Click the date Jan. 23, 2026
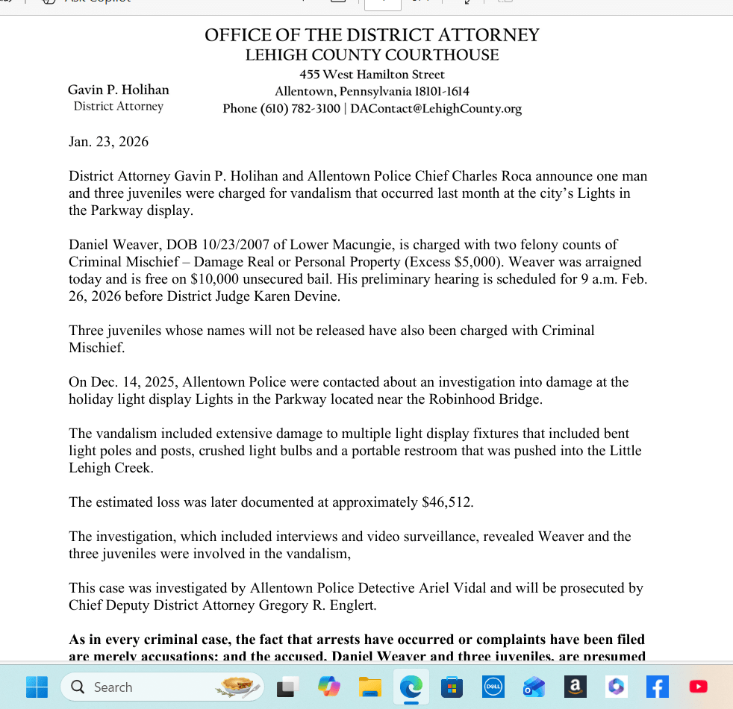(x=108, y=142)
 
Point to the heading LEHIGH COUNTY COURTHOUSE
(x=372, y=55)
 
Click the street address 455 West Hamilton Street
(x=372, y=75)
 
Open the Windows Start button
(x=37, y=687)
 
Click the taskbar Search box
(x=163, y=687)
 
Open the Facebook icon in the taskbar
(x=657, y=687)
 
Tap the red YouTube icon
(x=699, y=687)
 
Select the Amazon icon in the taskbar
(x=575, y=687)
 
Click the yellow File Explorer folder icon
(x=370, y=687)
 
